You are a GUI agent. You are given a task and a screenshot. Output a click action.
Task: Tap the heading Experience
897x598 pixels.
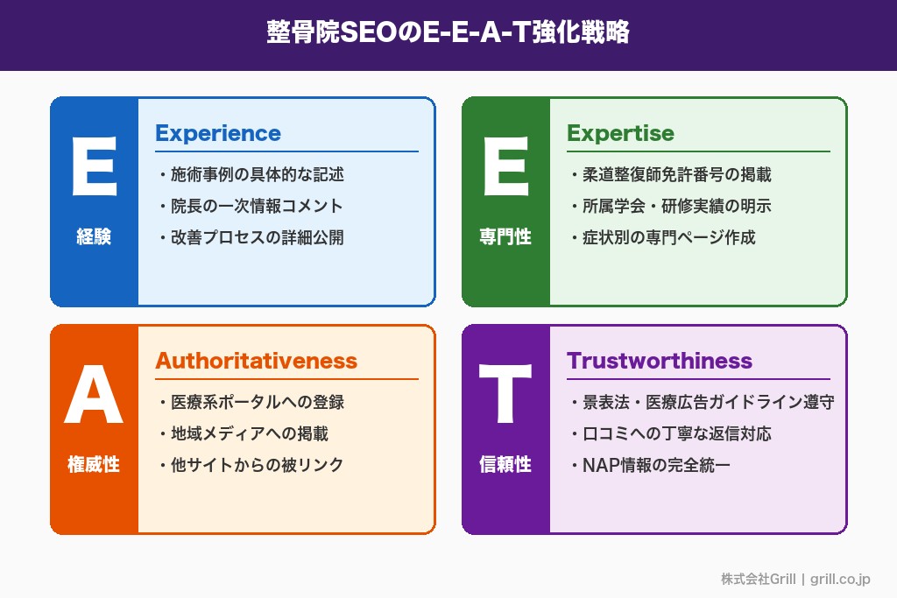(218, 133)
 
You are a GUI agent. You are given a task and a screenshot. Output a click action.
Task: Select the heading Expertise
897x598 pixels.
(620, 133)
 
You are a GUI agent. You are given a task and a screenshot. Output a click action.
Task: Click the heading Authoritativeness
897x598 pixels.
(257, 361)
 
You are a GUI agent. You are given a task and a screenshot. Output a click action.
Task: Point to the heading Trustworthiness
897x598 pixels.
(660, 361)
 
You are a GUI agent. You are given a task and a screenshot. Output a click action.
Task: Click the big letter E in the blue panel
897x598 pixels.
(94, 169)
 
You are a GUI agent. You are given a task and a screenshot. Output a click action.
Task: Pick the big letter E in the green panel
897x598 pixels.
(505, 169)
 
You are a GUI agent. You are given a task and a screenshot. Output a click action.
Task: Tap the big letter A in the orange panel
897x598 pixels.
(94, 397)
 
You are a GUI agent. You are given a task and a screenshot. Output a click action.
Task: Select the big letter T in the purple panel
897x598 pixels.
(505, 397)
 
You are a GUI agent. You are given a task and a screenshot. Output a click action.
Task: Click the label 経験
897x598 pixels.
(94, 236)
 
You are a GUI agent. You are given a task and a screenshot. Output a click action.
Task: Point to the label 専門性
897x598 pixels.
(505, 236)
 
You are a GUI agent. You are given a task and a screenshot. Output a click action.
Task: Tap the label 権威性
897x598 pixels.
(94, 464)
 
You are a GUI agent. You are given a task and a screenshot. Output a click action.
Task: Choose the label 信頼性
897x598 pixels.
(505, 464)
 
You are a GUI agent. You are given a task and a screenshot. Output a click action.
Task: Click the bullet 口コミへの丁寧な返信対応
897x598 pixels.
(676, 434)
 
